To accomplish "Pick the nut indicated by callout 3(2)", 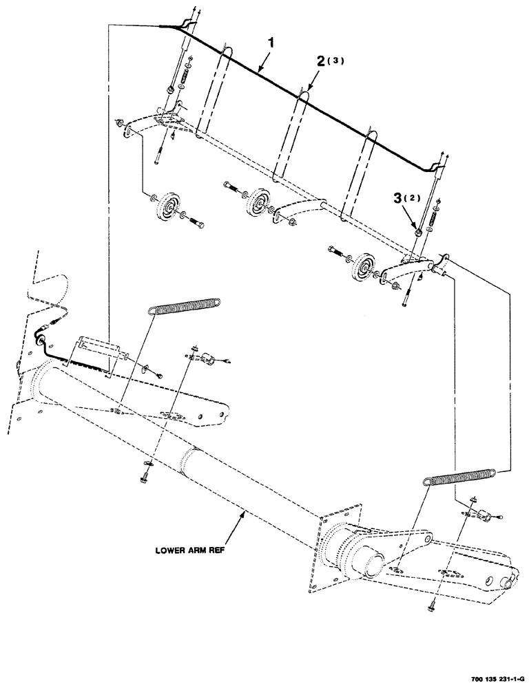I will point(417,235).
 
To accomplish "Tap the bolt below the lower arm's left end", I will point(147,473).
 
